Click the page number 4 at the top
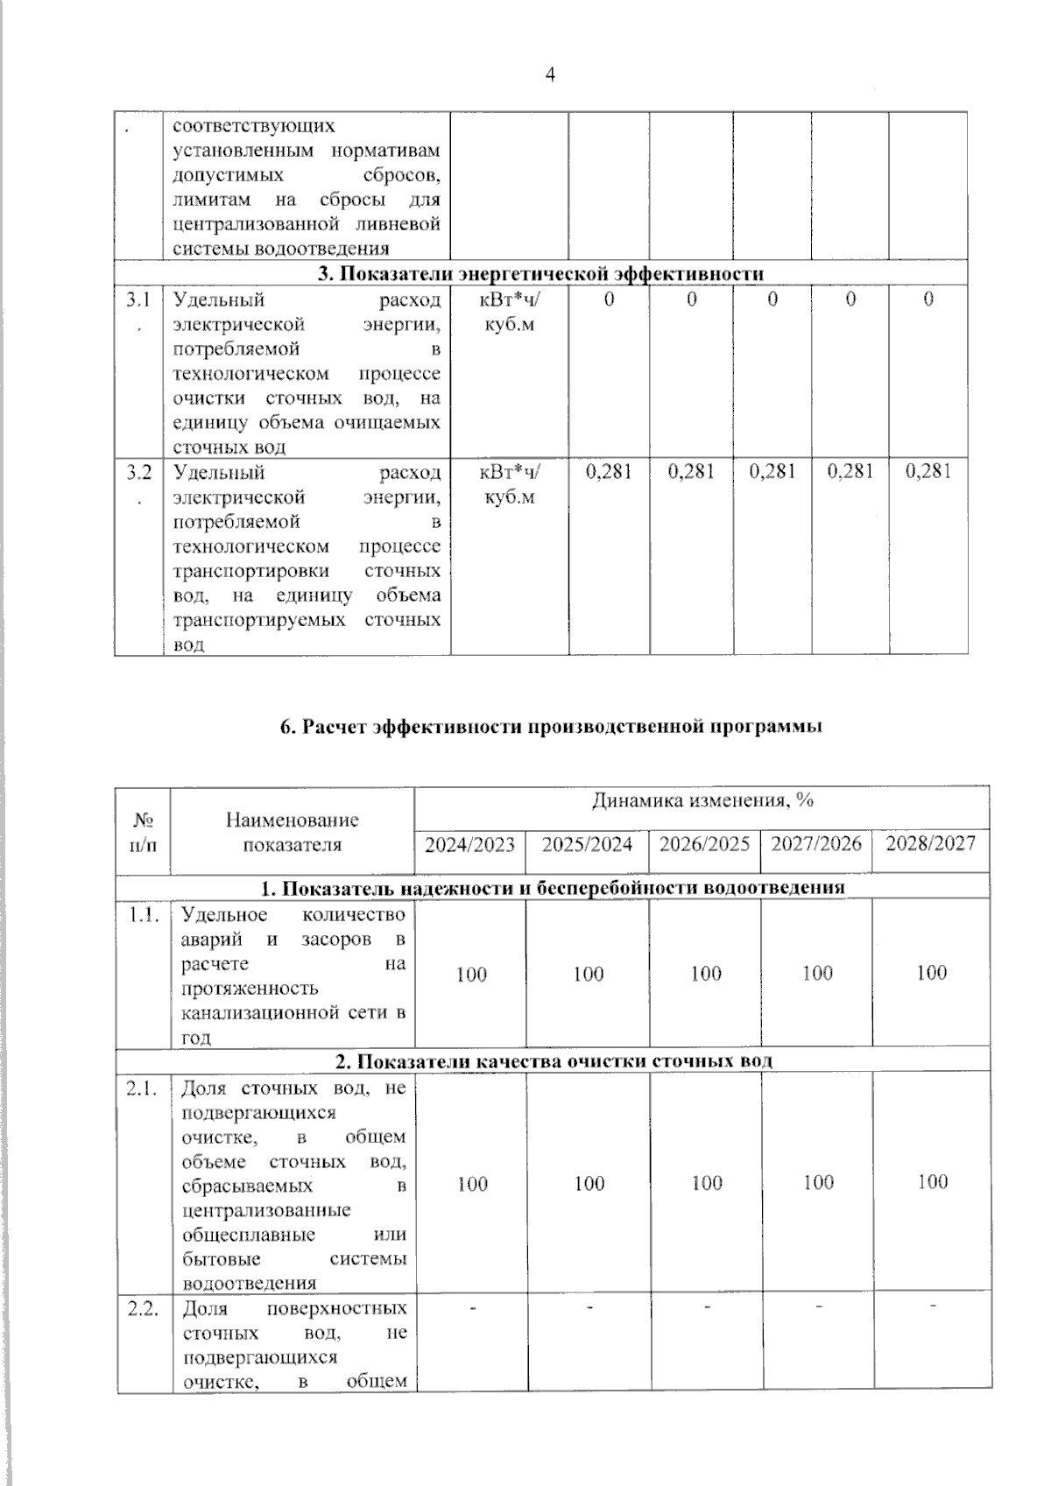[x=550, y=75]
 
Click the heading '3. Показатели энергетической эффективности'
[x=540, y=273]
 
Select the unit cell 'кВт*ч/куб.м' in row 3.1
[x=510, y=312]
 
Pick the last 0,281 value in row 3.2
[x=928, y=471]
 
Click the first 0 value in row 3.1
[x=609, y=299]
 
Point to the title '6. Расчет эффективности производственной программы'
[x=551, y=727]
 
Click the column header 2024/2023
[x=469, y=844]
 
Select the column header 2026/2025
[x=704, y=844]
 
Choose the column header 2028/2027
[x=930, y=844]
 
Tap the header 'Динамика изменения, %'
[x=702, y=801]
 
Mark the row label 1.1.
[x=143, y=915]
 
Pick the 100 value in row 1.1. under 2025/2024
[x=589, y=974]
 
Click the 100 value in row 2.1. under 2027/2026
[x=818, y=1182]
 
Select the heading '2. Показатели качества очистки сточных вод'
[x=554, y=1061]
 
